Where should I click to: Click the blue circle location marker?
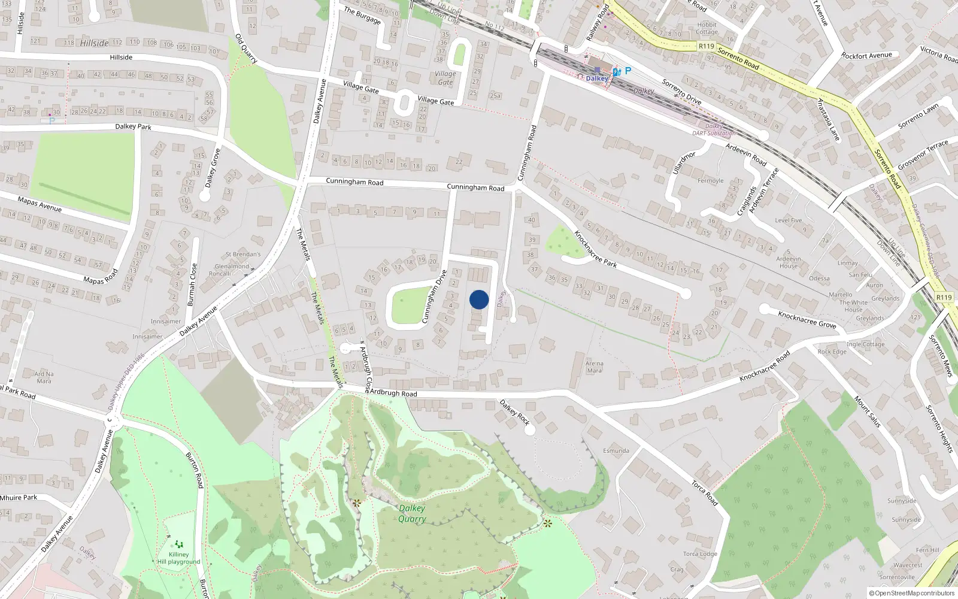click(x=479, y=299)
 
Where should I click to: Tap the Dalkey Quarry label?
click(x=412, y=513)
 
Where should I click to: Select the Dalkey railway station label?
click(x=597, y=78)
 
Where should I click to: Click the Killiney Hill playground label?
click(x=178, y=558)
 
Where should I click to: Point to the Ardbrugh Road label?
click(x=393, y=393)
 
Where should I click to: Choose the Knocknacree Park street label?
click(x=595, y=249)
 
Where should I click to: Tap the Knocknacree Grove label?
click(x=807, y=319)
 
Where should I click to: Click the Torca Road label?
click(x=704, y=492)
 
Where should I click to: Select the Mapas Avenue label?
click(x=40, y=204)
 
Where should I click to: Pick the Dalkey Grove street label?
click(x=213, y=168)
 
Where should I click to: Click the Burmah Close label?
click(x=192, y=285)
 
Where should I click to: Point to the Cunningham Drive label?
click(x=435, y=297)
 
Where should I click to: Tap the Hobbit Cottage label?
click(x=707, y=29)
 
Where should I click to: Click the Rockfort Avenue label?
click(x=866, y=56)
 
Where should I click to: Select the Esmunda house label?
click(x=616, y=450)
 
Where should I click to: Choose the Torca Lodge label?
click(x=700, y=553)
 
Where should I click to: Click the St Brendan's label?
click(x=243, y=255)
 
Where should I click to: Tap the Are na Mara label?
click(x=594, y=367)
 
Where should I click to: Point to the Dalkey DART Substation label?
click(x=714, y=130)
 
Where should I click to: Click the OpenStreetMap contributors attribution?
click(x=911, y=593)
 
